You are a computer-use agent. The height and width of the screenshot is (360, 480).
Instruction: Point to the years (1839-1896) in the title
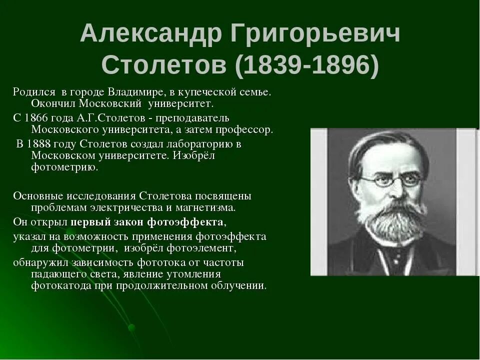point(308,65)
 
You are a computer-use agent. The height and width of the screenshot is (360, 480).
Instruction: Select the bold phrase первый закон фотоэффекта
point(148,221)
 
